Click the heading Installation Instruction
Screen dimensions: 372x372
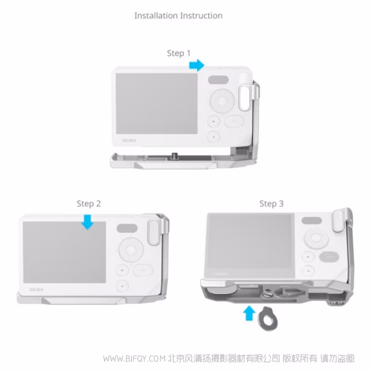(x=179, y=15)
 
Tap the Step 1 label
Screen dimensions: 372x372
(x=179, y=53)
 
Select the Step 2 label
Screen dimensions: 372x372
(x=89, y=203)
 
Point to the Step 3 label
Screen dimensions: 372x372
(x=272, y=203)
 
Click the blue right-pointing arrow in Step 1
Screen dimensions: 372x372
(x=197, y=65)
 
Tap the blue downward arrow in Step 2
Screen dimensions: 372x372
(x=87, y=222)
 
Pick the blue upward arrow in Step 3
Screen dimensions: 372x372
(x=249, y=313)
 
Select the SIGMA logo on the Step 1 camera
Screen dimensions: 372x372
(x=130, y=141)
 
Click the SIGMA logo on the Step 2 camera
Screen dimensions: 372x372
(x=37, y=290)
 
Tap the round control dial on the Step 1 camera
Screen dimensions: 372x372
(x=223, y=101)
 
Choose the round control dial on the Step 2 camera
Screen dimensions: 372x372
(x=131, y=250)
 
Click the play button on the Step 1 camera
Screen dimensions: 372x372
(x=214, y=122)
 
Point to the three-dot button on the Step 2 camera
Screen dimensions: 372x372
(x=143, y=270)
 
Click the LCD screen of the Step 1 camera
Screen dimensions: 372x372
(x=157, y=104)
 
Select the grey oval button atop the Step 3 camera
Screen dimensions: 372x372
(x=311, y=220)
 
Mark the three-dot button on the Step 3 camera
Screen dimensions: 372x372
(x=329, y=257)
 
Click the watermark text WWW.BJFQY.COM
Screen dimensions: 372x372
(x=135, y=358)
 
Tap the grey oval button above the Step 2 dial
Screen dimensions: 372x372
(x=127, y=228)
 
